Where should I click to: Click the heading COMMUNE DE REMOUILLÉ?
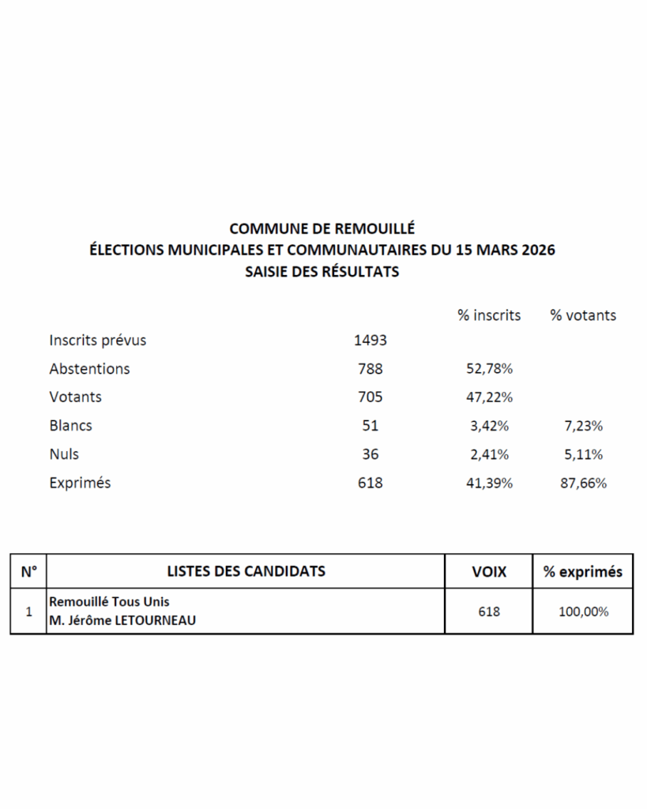coord(322,228)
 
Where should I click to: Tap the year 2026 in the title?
coord(536,250)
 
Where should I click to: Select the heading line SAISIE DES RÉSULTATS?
coord(322,273)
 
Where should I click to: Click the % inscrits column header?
coord(489,315)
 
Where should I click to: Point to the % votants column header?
coord(583,315)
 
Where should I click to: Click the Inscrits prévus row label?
coord(98,341)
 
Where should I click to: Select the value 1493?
coord(371,341)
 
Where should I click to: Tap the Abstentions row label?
coord(89,369)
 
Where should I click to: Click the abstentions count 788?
coord(370,369)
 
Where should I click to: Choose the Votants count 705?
coord(370,397)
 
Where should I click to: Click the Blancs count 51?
coord(370,426)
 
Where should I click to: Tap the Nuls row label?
coord(64,454)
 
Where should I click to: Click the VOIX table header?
coord(489,571)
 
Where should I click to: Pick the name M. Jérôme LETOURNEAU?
coord(122,621)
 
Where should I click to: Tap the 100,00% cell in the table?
coord(583,611)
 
